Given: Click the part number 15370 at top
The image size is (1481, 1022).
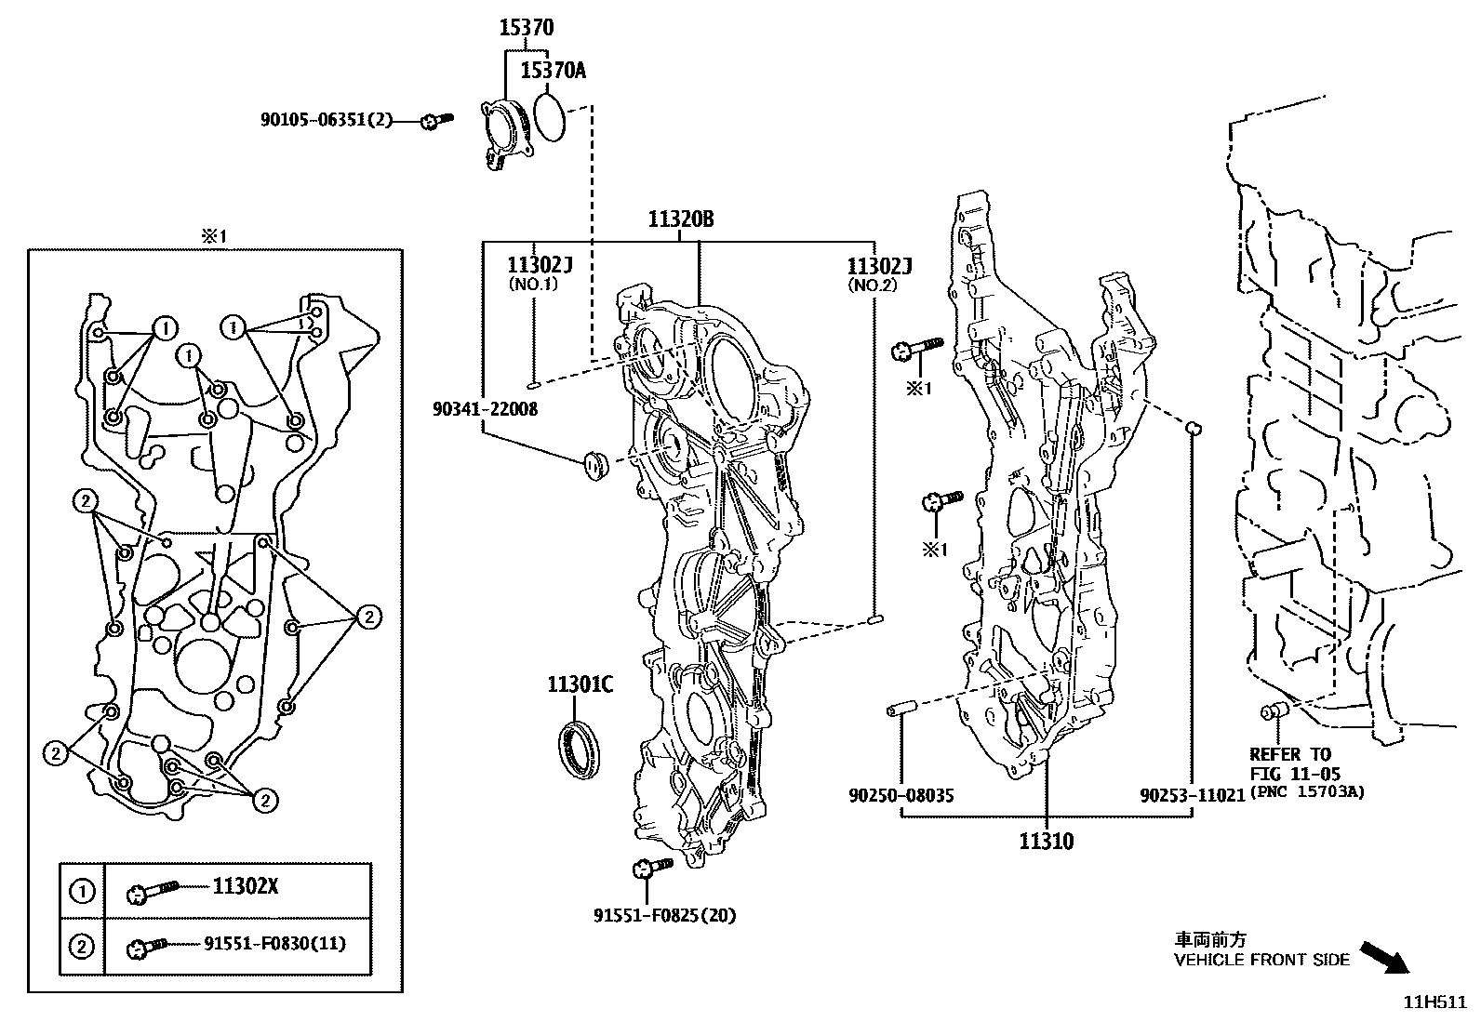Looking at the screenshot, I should (526, 28).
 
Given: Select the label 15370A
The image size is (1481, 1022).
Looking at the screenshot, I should (553, 70).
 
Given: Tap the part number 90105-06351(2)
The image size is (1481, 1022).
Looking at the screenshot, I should (327, 120).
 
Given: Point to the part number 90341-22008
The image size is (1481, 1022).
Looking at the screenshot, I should (485, 408).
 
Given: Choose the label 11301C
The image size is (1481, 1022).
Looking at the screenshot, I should (580, 685).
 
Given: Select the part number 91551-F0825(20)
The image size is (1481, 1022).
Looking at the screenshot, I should (664, 915).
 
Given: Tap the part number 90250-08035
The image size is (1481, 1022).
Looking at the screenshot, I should (901, 796).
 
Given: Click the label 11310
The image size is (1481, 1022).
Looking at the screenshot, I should (1046, 842).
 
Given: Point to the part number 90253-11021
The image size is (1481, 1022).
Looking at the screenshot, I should (1193, 796).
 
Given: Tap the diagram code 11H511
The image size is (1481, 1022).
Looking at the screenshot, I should (1434, 1002).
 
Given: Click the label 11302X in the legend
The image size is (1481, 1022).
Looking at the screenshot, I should (246, 886).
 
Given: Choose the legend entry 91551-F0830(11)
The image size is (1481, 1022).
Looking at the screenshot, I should (274, 944).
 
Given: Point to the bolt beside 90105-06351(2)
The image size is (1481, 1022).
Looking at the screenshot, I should (434, 121).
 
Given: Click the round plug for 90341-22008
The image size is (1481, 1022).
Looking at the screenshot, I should (593, 463).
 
